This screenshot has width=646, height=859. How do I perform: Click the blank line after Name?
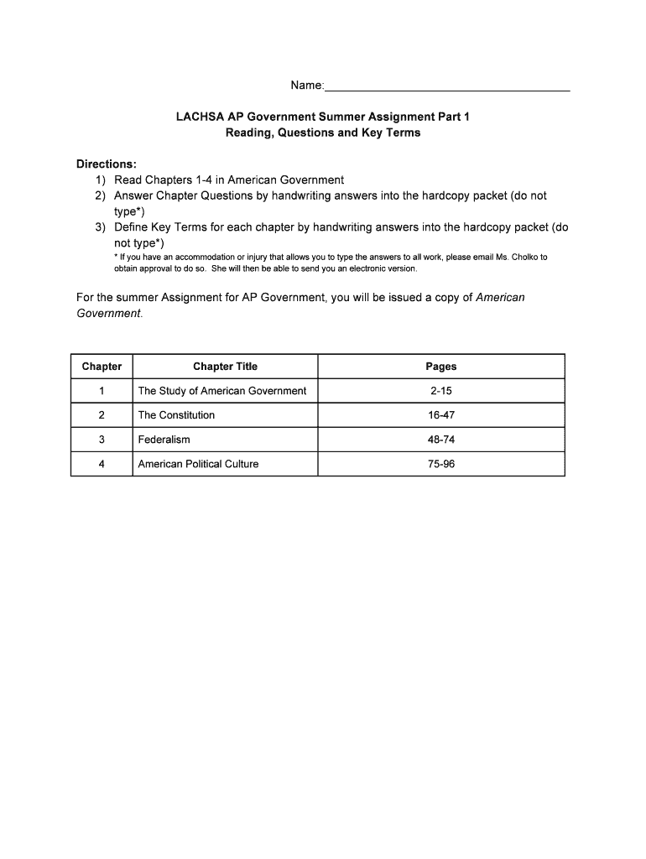(447, 86)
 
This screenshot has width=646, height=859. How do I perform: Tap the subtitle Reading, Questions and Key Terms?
(323, 133)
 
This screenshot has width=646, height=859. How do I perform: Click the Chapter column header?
(102, 367)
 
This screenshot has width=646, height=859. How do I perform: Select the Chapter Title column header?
(225, 367)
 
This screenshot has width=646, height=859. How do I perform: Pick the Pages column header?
(440, 367)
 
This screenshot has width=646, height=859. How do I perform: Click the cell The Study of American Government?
(221, 391)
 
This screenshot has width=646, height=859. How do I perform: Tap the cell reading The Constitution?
(176, 415)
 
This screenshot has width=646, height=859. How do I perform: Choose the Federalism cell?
(164, 440)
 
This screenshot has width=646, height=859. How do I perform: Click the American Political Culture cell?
(198, 464)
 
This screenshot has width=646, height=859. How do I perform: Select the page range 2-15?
(440, 391)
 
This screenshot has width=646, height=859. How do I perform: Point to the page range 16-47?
(440, 415)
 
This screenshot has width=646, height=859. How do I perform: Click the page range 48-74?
(440, 440)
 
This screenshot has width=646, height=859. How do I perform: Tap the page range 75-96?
(440, 464)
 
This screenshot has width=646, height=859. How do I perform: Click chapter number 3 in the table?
(102, 440)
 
